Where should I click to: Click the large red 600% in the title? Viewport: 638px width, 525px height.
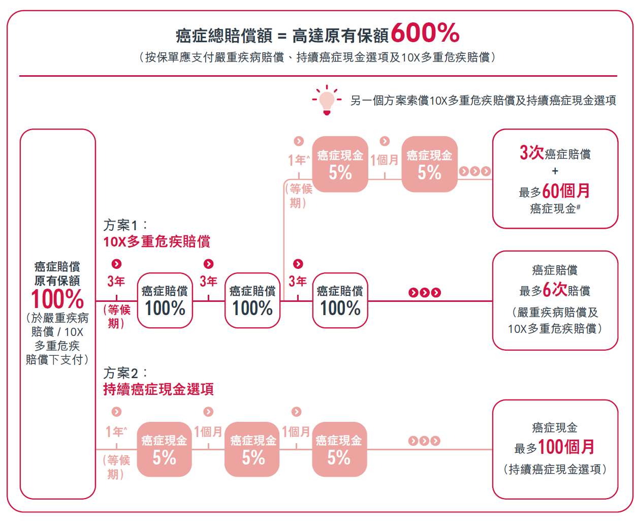pos(425,34)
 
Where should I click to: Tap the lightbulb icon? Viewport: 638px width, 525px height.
pos(327,100)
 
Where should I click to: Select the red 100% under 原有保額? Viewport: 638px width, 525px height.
pos(57,299)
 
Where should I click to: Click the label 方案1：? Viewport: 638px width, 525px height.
pos(125,225)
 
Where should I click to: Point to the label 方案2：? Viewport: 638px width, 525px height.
pos(125,373)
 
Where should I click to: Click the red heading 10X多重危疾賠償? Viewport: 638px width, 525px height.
pos(157,241)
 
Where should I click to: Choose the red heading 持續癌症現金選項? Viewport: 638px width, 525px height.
pos(158,389)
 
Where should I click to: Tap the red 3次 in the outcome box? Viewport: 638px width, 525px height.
pos(531,152)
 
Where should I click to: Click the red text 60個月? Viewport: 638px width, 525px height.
pos(566,191)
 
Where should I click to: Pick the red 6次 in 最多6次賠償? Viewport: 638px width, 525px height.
pos(555,290)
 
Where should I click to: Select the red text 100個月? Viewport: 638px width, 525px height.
pos(566,447)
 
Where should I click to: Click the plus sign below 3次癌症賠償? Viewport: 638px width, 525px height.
pos(555,171)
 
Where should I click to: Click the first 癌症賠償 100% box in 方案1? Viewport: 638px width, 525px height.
pos(165,300)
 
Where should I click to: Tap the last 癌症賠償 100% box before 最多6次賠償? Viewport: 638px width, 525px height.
pos(340,300)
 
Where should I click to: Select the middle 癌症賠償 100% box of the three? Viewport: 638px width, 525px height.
pos(252,300)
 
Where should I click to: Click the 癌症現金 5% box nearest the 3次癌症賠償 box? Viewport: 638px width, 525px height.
pos(429,164)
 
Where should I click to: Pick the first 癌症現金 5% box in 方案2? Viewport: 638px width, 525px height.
pos(164,449)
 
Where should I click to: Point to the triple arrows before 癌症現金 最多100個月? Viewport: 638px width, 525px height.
pos(424,441)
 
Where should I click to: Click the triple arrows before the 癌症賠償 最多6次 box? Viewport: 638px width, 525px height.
pos(424,292)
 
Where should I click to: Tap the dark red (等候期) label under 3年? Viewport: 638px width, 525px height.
pos(117,316)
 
